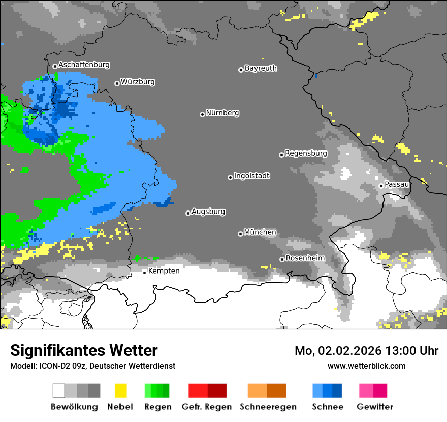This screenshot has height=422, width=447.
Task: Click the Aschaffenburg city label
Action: point(84,65)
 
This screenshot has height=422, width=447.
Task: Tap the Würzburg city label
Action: point(138,82)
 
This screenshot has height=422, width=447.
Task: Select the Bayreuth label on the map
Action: point(261,68)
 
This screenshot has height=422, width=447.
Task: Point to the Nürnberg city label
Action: point(222,113)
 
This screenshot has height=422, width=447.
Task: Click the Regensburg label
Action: point(306,153)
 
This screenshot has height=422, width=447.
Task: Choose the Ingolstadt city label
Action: point(251,176)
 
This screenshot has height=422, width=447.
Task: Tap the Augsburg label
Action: point(208,212)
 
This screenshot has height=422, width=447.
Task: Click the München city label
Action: point(260,232)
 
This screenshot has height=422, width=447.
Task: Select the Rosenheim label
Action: point(305,258)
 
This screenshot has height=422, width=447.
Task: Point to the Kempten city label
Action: point(164,271)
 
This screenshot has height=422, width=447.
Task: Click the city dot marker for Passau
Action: point(381,186)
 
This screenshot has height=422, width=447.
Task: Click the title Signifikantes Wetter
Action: point(84,351)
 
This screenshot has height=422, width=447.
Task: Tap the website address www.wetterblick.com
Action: point(366,366)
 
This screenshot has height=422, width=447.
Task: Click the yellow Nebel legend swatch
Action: point(120,390)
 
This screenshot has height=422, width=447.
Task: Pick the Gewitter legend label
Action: point(374,407)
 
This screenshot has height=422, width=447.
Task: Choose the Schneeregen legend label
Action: point(267,407)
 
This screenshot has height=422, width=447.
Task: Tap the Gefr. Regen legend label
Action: point(207,407)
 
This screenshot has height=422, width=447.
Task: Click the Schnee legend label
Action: point(327,407)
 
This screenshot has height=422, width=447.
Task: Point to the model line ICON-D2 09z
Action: point(92,366)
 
